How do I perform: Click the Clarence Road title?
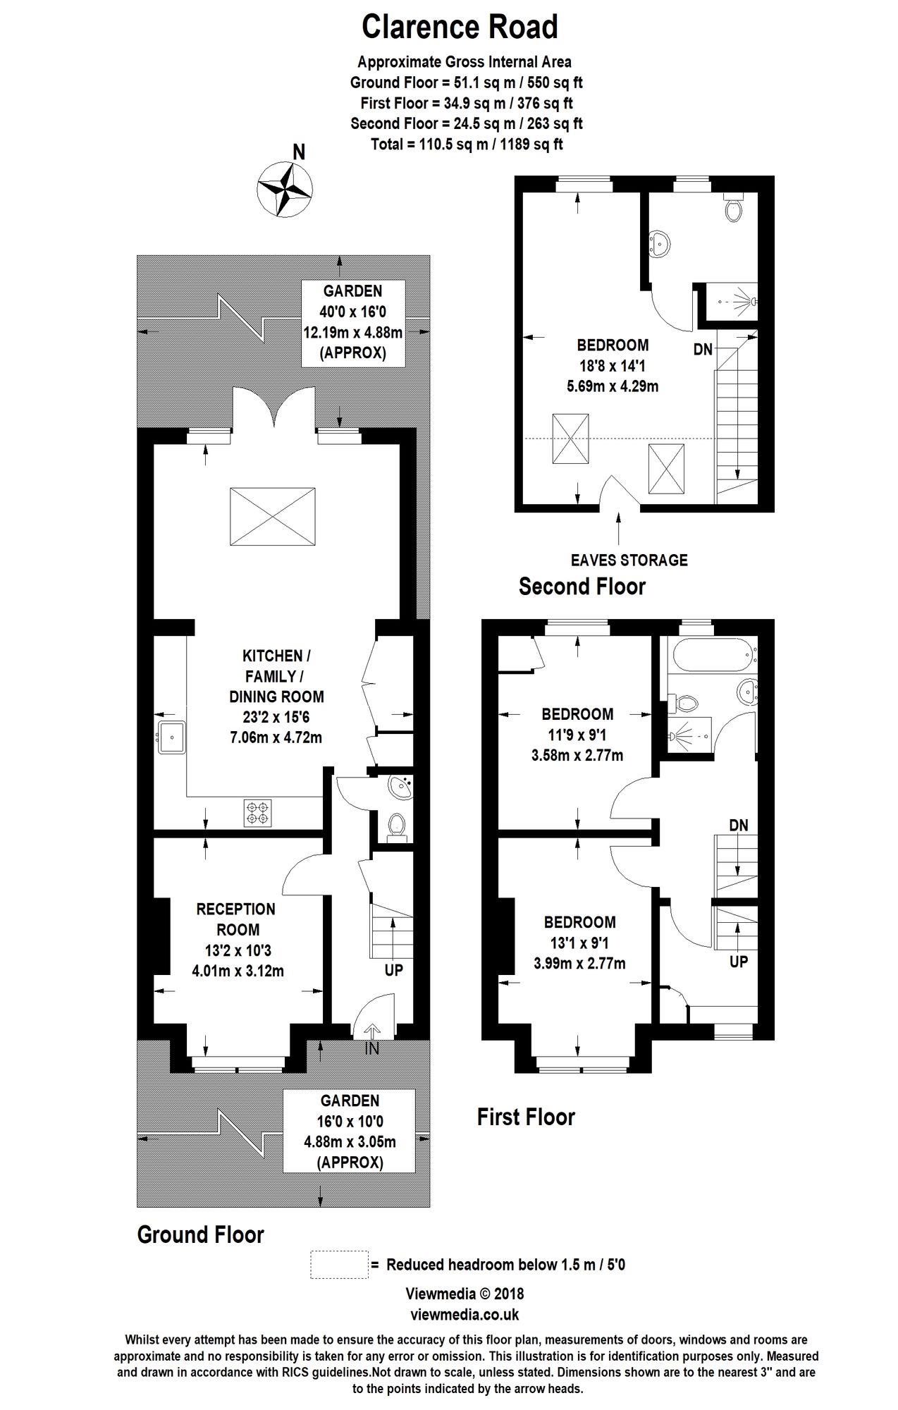[x=460, y=27]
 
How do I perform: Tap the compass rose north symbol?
[x=285, y=188]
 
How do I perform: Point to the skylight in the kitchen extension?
[x=273, y=515]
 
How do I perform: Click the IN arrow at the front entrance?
[x=371, y=1030]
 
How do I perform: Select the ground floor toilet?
[x=397, y=826]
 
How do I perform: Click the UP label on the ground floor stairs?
[x=393, y=970]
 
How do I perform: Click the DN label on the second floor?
[x=703, y=349]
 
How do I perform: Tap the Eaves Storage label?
[x=629, y=560]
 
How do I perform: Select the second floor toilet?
[x=734, y=207]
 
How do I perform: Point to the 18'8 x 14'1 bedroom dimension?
[x=613, y=366]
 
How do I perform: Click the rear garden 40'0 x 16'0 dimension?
[x=352, y=312]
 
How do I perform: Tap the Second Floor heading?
[x=582, y=587]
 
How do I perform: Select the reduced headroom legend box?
[x=339, y=1264]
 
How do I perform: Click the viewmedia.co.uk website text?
[x=465, y=1314]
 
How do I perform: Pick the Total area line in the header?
[x=466, y=145]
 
